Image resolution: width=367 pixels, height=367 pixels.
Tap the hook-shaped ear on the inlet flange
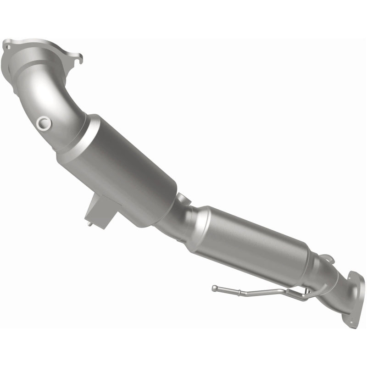tap(79, 58)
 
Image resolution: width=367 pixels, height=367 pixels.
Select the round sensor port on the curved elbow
tap(44, 123)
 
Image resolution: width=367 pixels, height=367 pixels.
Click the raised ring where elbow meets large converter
tap(76, 138)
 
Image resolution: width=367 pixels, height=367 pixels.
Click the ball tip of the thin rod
tap(214, 288)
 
